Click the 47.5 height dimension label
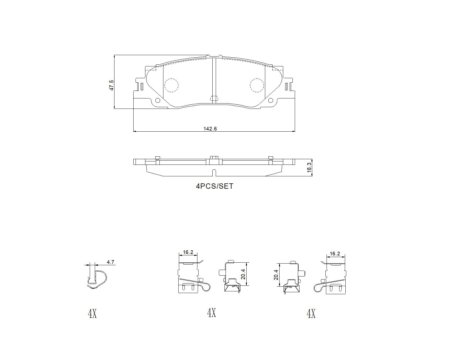112,85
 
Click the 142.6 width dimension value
210,129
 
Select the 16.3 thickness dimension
309,167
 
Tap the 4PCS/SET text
215,186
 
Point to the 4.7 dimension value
111,262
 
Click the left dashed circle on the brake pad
171,85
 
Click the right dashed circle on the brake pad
257,85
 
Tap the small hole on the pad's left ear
158,101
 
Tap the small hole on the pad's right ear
270,101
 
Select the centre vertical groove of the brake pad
214,80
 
